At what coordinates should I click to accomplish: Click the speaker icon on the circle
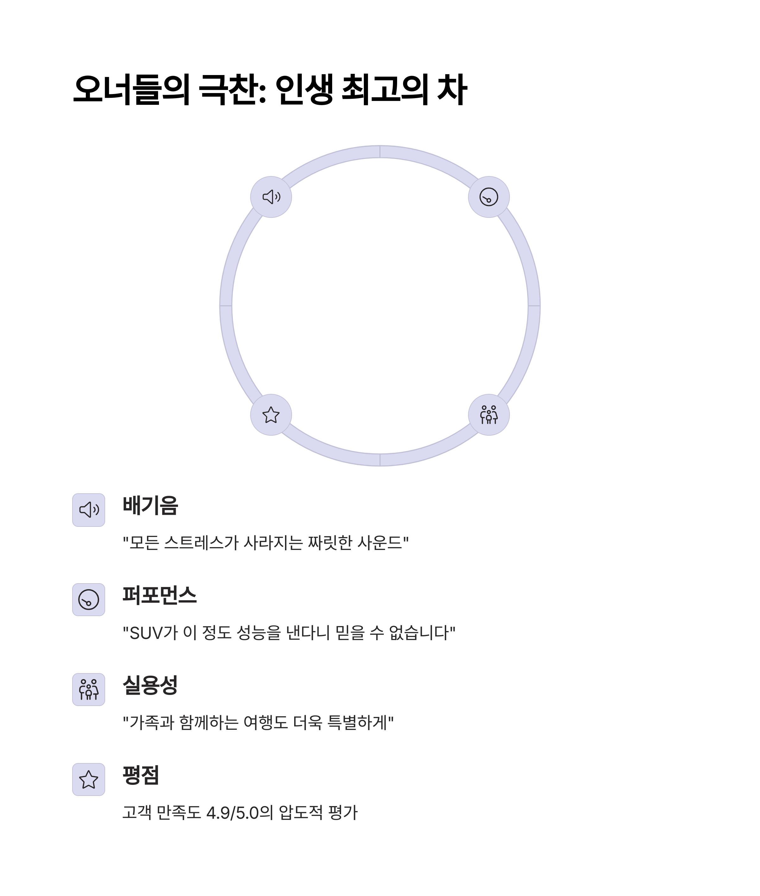(x=271, y=197)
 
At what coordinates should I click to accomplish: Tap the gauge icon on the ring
(x=489, y=197)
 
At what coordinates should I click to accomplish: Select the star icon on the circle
(x=271, y=415)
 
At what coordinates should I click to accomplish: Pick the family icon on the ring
(x=489, y=415)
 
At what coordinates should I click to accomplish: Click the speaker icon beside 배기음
(x=89, y=510)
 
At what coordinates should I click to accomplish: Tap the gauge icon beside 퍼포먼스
(x=89, y=600)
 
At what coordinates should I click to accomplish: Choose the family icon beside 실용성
(x=89, y=689)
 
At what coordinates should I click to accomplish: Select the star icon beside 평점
(x=89, y=779)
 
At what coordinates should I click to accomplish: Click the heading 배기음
(x=150, y=505)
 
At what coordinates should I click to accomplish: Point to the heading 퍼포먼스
(x=160, y=595)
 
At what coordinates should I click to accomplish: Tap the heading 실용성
(x=150, y=685)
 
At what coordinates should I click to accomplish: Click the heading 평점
(x=141, y=775)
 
